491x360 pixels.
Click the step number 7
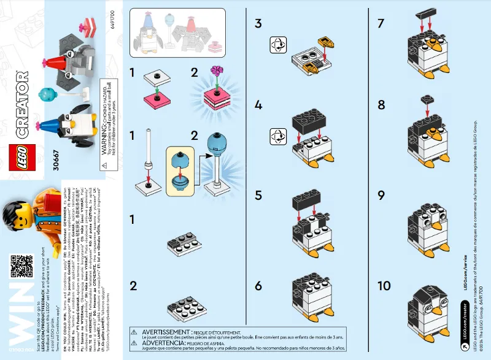click(381, 24)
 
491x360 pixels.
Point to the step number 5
click(258, 196)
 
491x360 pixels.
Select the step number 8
click(381, 105)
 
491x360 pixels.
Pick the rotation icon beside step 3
click(278, 44)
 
